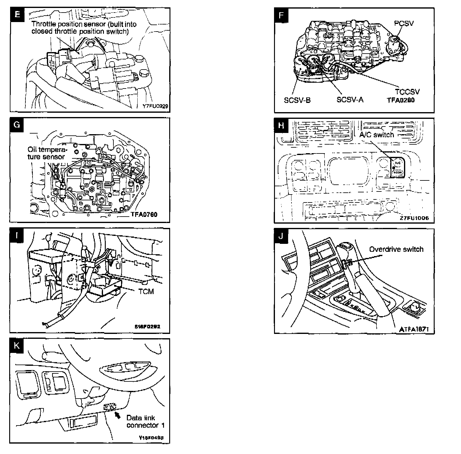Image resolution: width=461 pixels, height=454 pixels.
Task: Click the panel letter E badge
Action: [17, 14]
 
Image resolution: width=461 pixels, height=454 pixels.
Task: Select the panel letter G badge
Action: [17, 125]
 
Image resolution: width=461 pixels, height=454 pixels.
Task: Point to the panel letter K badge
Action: [17, 346]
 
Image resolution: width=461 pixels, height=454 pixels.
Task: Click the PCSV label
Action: [404, 23]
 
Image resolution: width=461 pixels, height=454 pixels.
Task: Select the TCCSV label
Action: [407, 92]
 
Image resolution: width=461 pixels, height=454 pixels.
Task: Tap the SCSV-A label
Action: [350, 100]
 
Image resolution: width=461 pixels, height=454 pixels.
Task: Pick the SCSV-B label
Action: [297, 100]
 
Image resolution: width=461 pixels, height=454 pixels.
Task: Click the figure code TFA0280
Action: [401, 100]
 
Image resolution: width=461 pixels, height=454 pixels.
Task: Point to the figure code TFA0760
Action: [144, 214]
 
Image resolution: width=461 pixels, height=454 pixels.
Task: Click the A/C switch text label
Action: [376, 135]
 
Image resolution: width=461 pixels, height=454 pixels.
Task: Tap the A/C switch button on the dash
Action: [398, 167]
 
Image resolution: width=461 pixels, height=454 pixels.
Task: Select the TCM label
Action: [146, 291]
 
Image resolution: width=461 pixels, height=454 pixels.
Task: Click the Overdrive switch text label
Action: [396, 249]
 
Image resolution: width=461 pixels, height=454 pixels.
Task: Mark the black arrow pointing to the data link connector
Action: [117, 415]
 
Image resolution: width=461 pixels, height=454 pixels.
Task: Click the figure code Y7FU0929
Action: [155, 106]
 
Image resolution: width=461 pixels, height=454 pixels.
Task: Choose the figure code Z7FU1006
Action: [414, 218]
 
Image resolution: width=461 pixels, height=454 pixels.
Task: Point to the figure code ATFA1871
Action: [414, 329]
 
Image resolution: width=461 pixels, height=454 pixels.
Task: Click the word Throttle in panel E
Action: [44, 24]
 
